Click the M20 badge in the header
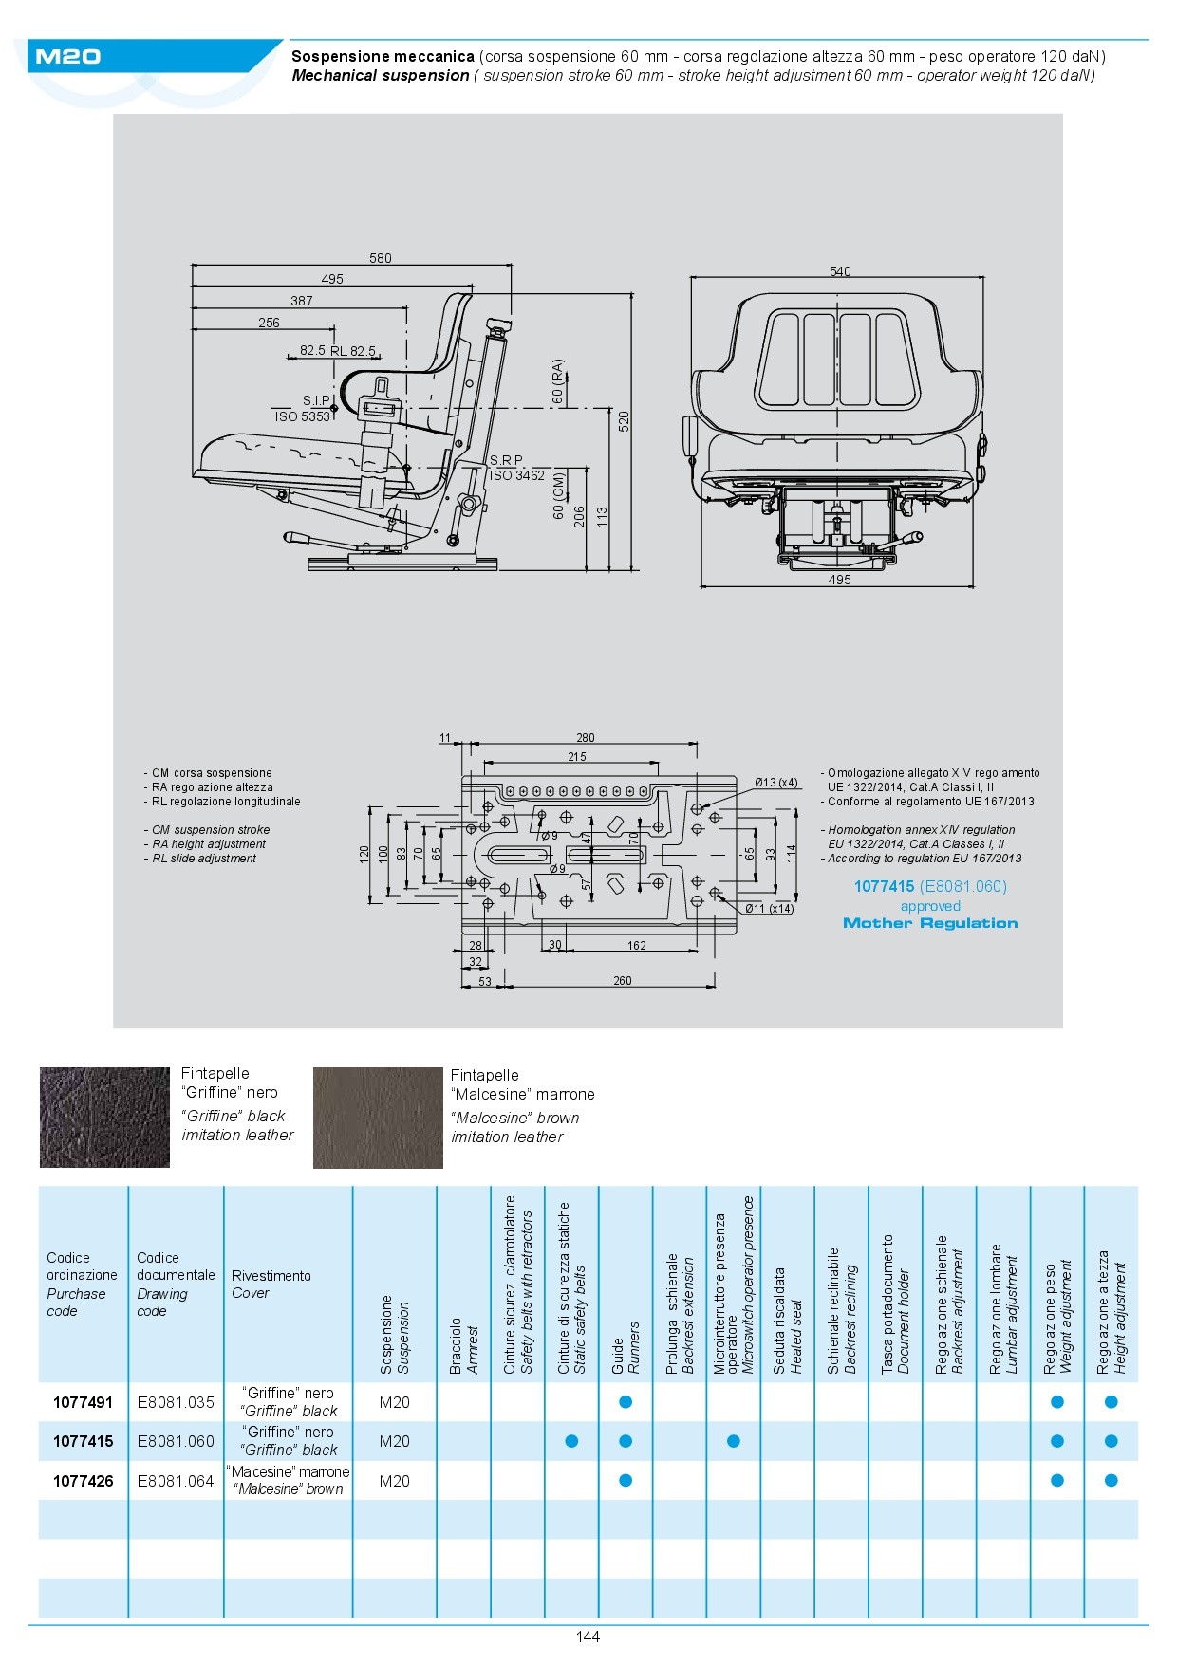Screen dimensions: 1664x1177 coord(67,57)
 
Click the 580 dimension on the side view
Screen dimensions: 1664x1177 coord(380,258)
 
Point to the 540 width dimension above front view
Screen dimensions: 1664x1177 coord(840,271)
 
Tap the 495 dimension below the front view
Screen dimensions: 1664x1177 coord(839,580)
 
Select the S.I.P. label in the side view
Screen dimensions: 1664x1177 coord(316,400)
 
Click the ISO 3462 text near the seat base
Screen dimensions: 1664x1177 coord(517,475)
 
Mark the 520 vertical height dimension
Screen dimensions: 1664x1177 coord(624,420)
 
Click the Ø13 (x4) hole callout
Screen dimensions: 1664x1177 coord(775,783)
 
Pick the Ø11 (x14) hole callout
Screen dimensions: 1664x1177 coord(769,908)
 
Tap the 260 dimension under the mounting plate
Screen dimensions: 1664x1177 coord(622,981)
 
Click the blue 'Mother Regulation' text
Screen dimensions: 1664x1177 coord(930,923)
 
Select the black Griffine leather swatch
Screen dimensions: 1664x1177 coord(104,1118)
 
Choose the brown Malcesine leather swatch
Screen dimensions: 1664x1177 coord(378,1118)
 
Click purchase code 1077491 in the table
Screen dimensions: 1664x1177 coord(83,1402)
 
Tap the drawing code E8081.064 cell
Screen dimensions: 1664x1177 coord(176,1481)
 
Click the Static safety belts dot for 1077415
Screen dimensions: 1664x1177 coord(571,1441)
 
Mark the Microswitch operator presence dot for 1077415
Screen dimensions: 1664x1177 coord(734,1441)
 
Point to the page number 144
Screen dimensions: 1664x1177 coord(588,1636)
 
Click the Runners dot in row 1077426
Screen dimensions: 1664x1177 coord(626,1481)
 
